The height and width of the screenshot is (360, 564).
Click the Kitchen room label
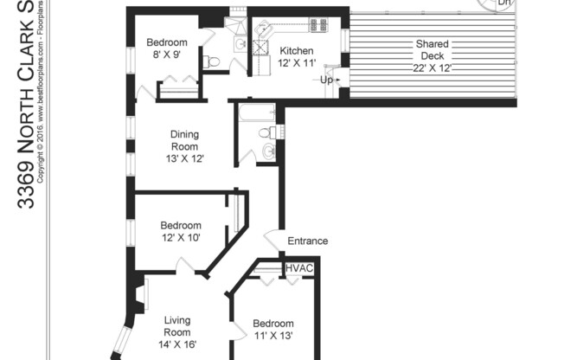pos(296,51)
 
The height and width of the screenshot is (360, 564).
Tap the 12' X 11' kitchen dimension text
pos(296,63)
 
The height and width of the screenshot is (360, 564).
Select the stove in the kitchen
pos(317,24)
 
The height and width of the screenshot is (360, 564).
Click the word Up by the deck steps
pos(327,80)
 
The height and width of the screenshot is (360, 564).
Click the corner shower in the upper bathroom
pos(239,41)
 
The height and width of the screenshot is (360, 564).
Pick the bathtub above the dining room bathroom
pos(253,112)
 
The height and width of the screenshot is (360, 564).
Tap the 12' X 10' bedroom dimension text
pos(181,237)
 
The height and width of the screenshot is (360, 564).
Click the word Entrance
pos(308,241)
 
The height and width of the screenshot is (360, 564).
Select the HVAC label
pos(299,269)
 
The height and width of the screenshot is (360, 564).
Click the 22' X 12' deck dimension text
pos(432,67)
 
